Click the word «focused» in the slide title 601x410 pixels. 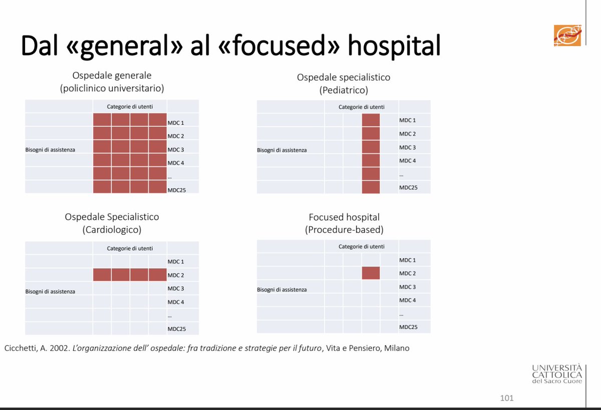pyautogui.click(x=279, y=46)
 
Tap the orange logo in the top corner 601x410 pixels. pyautogui.click(x=567, y=36)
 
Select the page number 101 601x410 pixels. pyautogui.click(x=506, y=398)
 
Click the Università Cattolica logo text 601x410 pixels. pyautogui.click(x=557, y=374)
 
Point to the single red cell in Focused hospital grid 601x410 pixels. pyautogui.click(x=371, y=273)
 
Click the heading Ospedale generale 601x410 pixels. pyautogui.click(x=112, y=76)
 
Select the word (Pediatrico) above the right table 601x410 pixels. pyautogui.click(x=344, y=90)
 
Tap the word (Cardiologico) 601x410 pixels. pyautogui.click(x=112, y=230)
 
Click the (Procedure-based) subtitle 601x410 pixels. pyautogui.click(x=344, y=230)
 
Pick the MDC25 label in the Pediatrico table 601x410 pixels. pyautogui.click(x=408, y=187)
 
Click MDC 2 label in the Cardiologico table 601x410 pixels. pyautogui.click(x=176, y=275)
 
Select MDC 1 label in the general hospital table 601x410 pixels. pyautogui.click(x=176, y=123)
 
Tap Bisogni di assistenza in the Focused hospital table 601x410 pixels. pyautogui.click(x=281, y=289)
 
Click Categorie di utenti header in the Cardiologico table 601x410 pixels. pyautogui.click(x=130, y=249)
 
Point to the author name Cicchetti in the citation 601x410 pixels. pyautogui.click(x=21, y=348)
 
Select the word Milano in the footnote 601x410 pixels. pyautogui.click(x=397, y=348)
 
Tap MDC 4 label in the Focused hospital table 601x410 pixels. pyautogui.click(x=407, y=300)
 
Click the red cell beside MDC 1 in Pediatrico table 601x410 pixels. pyautogui.click(x=371, y=120)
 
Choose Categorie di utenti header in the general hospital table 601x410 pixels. pyautogui.click(x=130, y=107)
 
